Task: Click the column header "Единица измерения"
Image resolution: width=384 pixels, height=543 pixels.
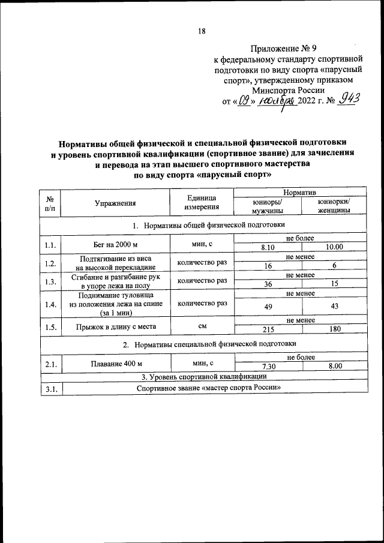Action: tap(201, 203)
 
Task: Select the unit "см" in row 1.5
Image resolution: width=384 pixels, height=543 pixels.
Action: tap(201, 326)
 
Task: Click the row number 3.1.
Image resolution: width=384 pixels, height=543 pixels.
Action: tap(50, 388)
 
